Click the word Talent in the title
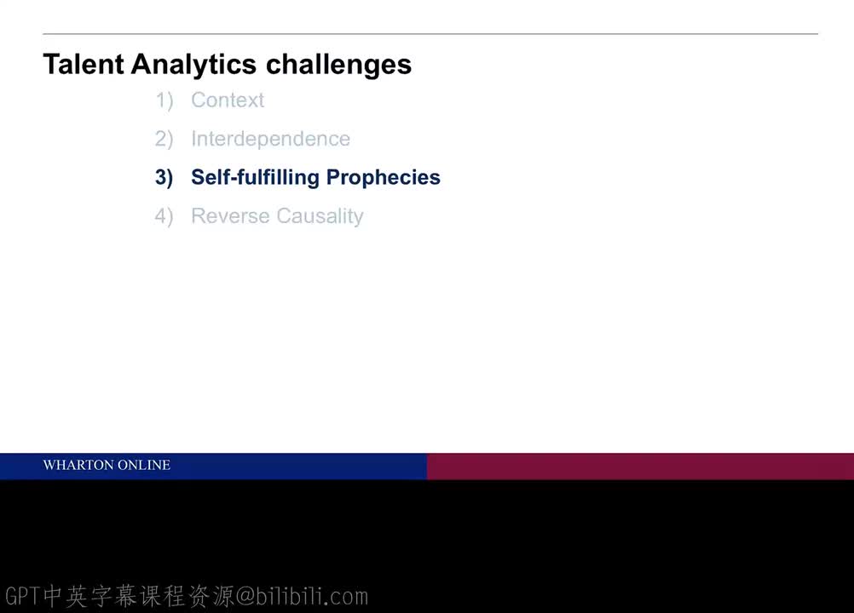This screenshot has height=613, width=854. (x=84, y=65)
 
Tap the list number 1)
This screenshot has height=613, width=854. (x=164, y=100)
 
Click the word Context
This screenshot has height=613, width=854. (x=228, y=100)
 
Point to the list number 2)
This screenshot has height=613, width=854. (x=164, y=139)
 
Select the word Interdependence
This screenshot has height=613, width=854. (x=270, y=139)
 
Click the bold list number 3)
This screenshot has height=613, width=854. (x=164, y=177)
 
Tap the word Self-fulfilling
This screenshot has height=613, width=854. (x=255, y=177)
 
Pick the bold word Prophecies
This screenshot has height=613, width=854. (x=384, y=177)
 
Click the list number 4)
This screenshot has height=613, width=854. (x=164, y=216)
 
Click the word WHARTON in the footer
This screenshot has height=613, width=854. (x=78, y=465)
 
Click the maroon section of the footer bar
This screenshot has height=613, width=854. (x=639, y=466)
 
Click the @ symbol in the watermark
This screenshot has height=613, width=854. (x=245, y=596)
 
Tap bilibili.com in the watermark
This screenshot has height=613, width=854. (x=311, y=596)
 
